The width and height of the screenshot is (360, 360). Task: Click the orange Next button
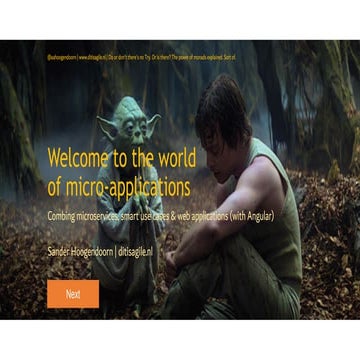[73, 294]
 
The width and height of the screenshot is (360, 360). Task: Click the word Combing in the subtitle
[62, 216]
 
